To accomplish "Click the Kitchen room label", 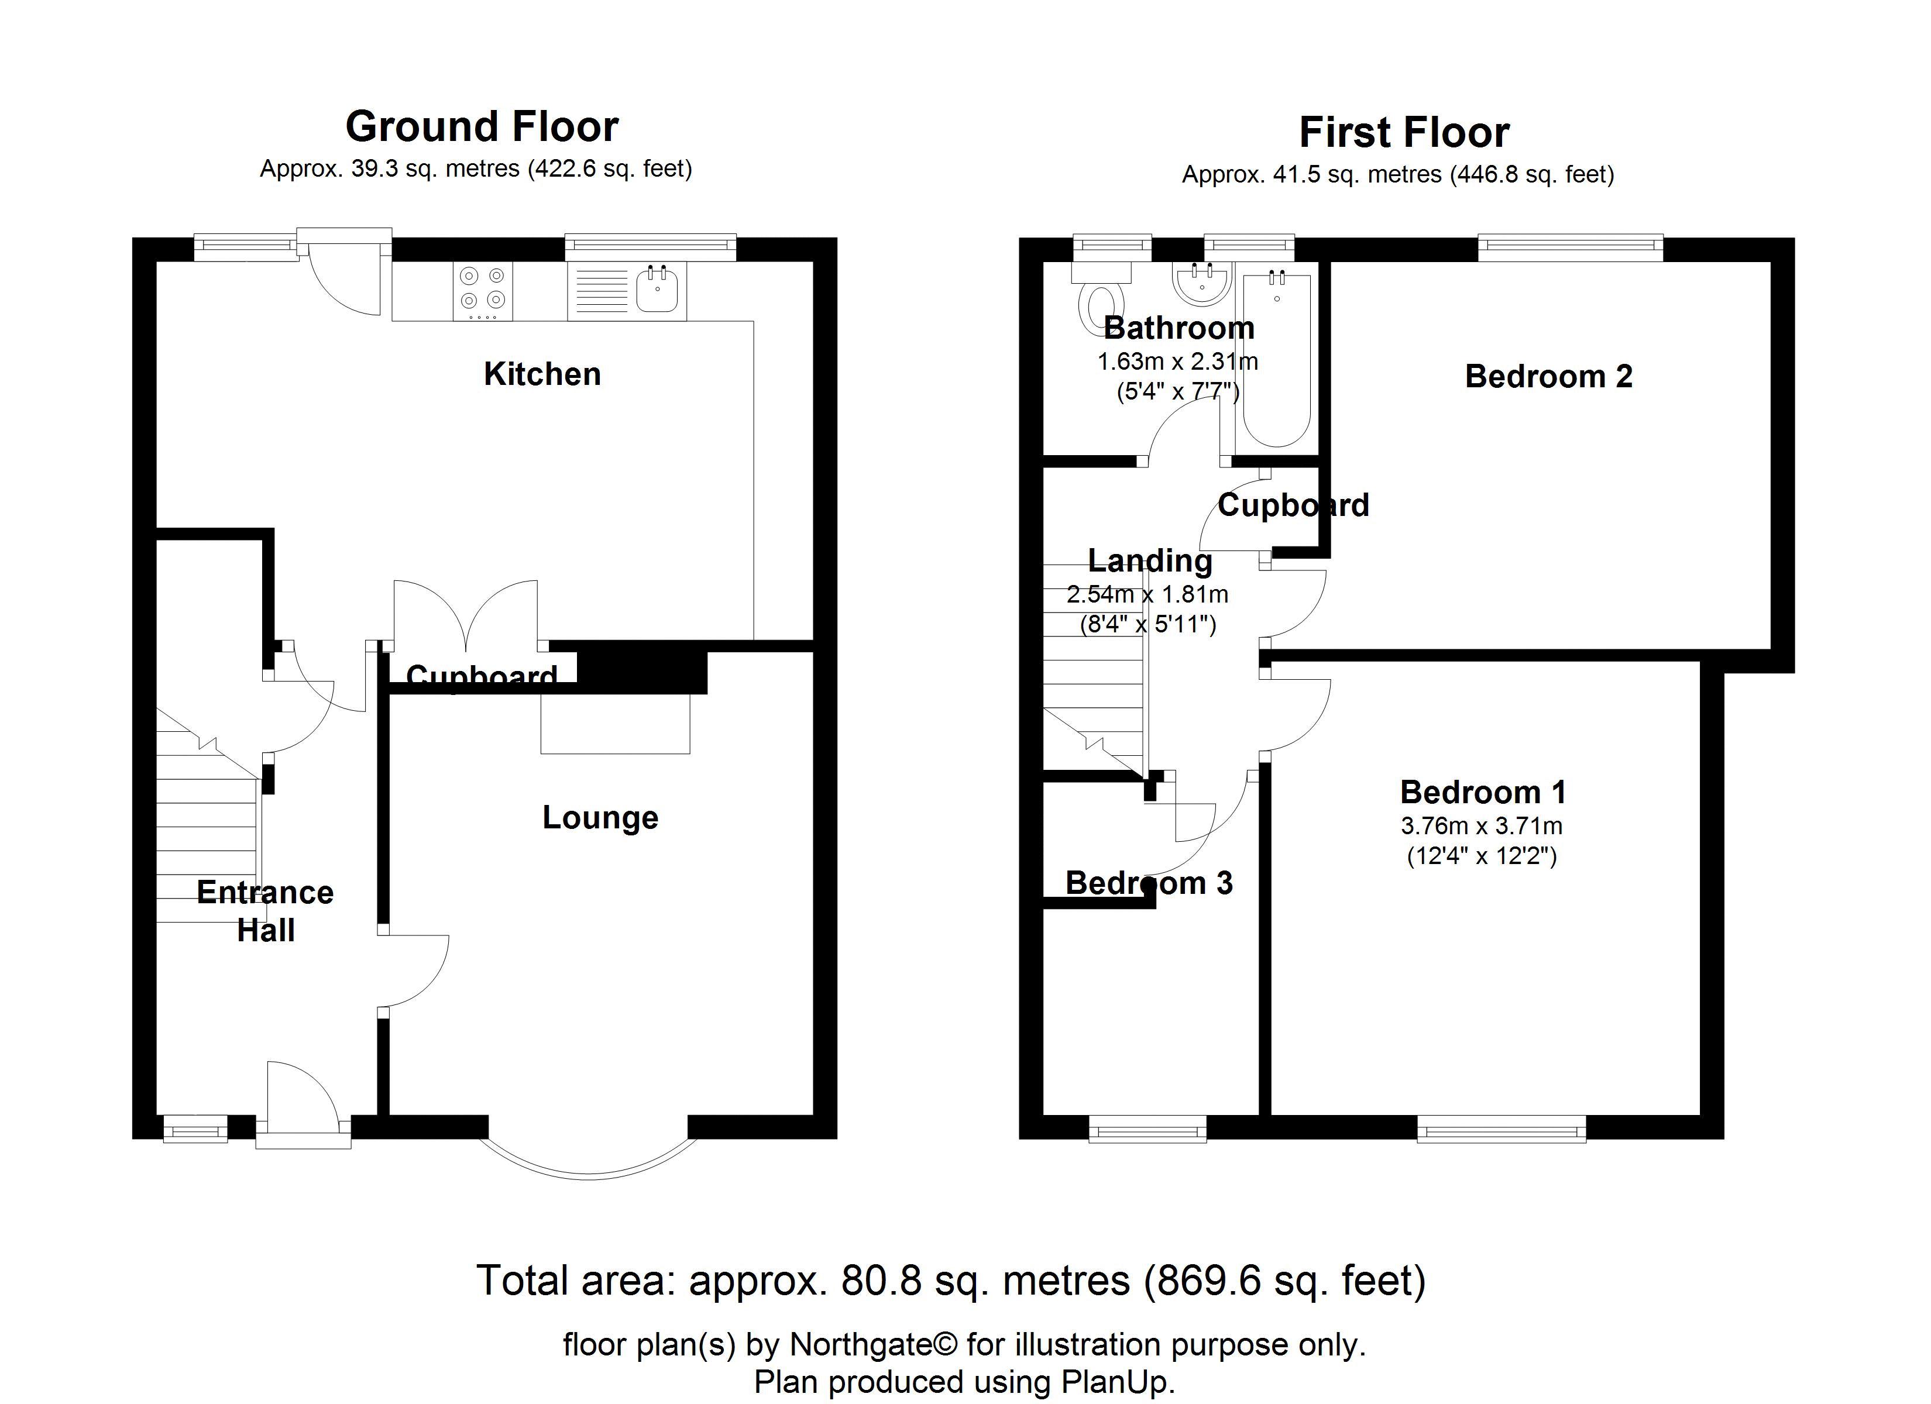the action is [542, 374].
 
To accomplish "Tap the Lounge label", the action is [600, 817].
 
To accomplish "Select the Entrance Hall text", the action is [266, 911].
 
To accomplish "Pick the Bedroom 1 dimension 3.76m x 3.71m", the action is [1482, 826].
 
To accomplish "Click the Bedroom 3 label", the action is [1149, 883].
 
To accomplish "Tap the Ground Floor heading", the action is [482, 127].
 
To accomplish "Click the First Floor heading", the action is [1404, 133].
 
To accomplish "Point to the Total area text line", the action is [950, 1281].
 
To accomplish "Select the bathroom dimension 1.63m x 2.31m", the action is [1177, 362].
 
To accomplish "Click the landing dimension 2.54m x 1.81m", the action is [1147, 594].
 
